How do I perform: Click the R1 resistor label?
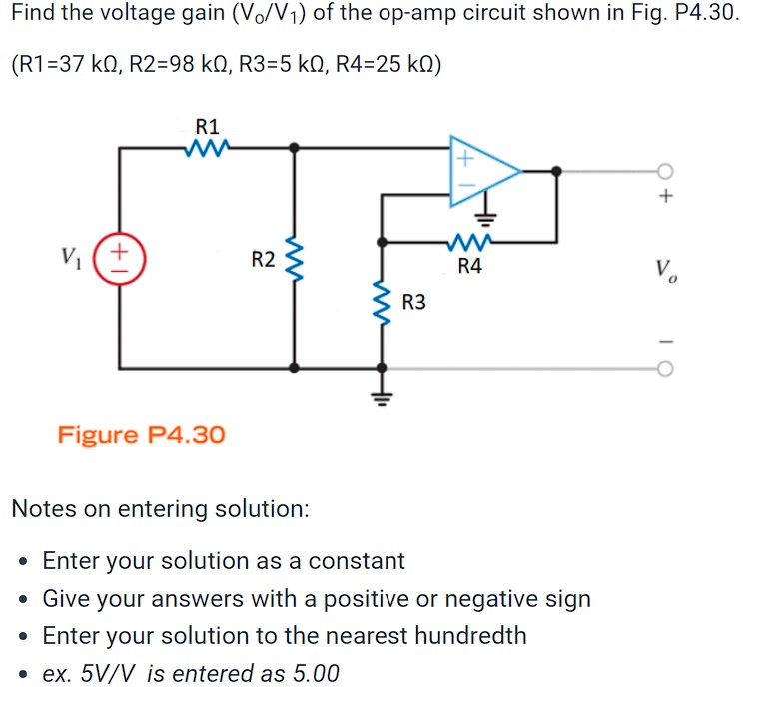[x=207, y=127]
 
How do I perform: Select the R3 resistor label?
[x=414, y=301]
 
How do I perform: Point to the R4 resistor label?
[x=469, y=266]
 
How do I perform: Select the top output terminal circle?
[x=666, y=171]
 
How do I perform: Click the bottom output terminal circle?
[x=666, y=368]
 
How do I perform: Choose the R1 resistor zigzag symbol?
[x=207, y=148]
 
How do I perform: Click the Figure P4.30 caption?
[x=141, y=435]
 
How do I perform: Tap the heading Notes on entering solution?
[x=160, y=508]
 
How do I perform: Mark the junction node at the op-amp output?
[x=557, y=171]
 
